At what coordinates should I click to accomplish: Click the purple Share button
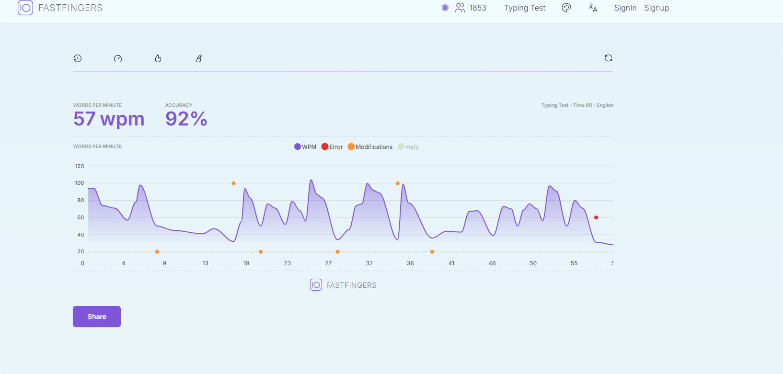click(x=96, y=317)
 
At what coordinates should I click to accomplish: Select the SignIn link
click(x=625, y=8)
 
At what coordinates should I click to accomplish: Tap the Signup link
click(x=656, y=8)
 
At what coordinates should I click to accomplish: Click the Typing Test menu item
click(x=524, y=8)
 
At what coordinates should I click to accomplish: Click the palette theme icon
click(x=566, y=8)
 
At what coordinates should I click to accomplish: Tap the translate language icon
click(x=593, y=8)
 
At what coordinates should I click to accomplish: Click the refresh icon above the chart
click(x=609, y=58)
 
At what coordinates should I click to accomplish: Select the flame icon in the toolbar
click(x=158, y=58)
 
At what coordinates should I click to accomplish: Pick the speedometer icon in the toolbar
click(x=118, y=58)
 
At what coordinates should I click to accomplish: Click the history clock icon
click(x=78, y=58)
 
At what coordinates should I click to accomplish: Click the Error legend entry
click(x=332, y=147)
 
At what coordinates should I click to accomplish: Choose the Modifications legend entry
click(x=370, y=147)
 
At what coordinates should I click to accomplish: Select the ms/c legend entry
click(x=408, y=147)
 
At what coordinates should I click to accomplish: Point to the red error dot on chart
click(x=596, y=217)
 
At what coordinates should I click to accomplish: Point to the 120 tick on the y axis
click(x=80, y=166)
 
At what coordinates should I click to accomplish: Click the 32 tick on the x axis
click(x=369, y=263)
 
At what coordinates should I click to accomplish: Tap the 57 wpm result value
click(x=109, y=119)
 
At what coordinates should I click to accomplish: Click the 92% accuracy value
click(x=186, y=119)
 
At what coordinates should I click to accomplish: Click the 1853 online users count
click(x=478, y=8)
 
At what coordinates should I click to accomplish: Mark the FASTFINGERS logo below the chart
click(x=343, y=285)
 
